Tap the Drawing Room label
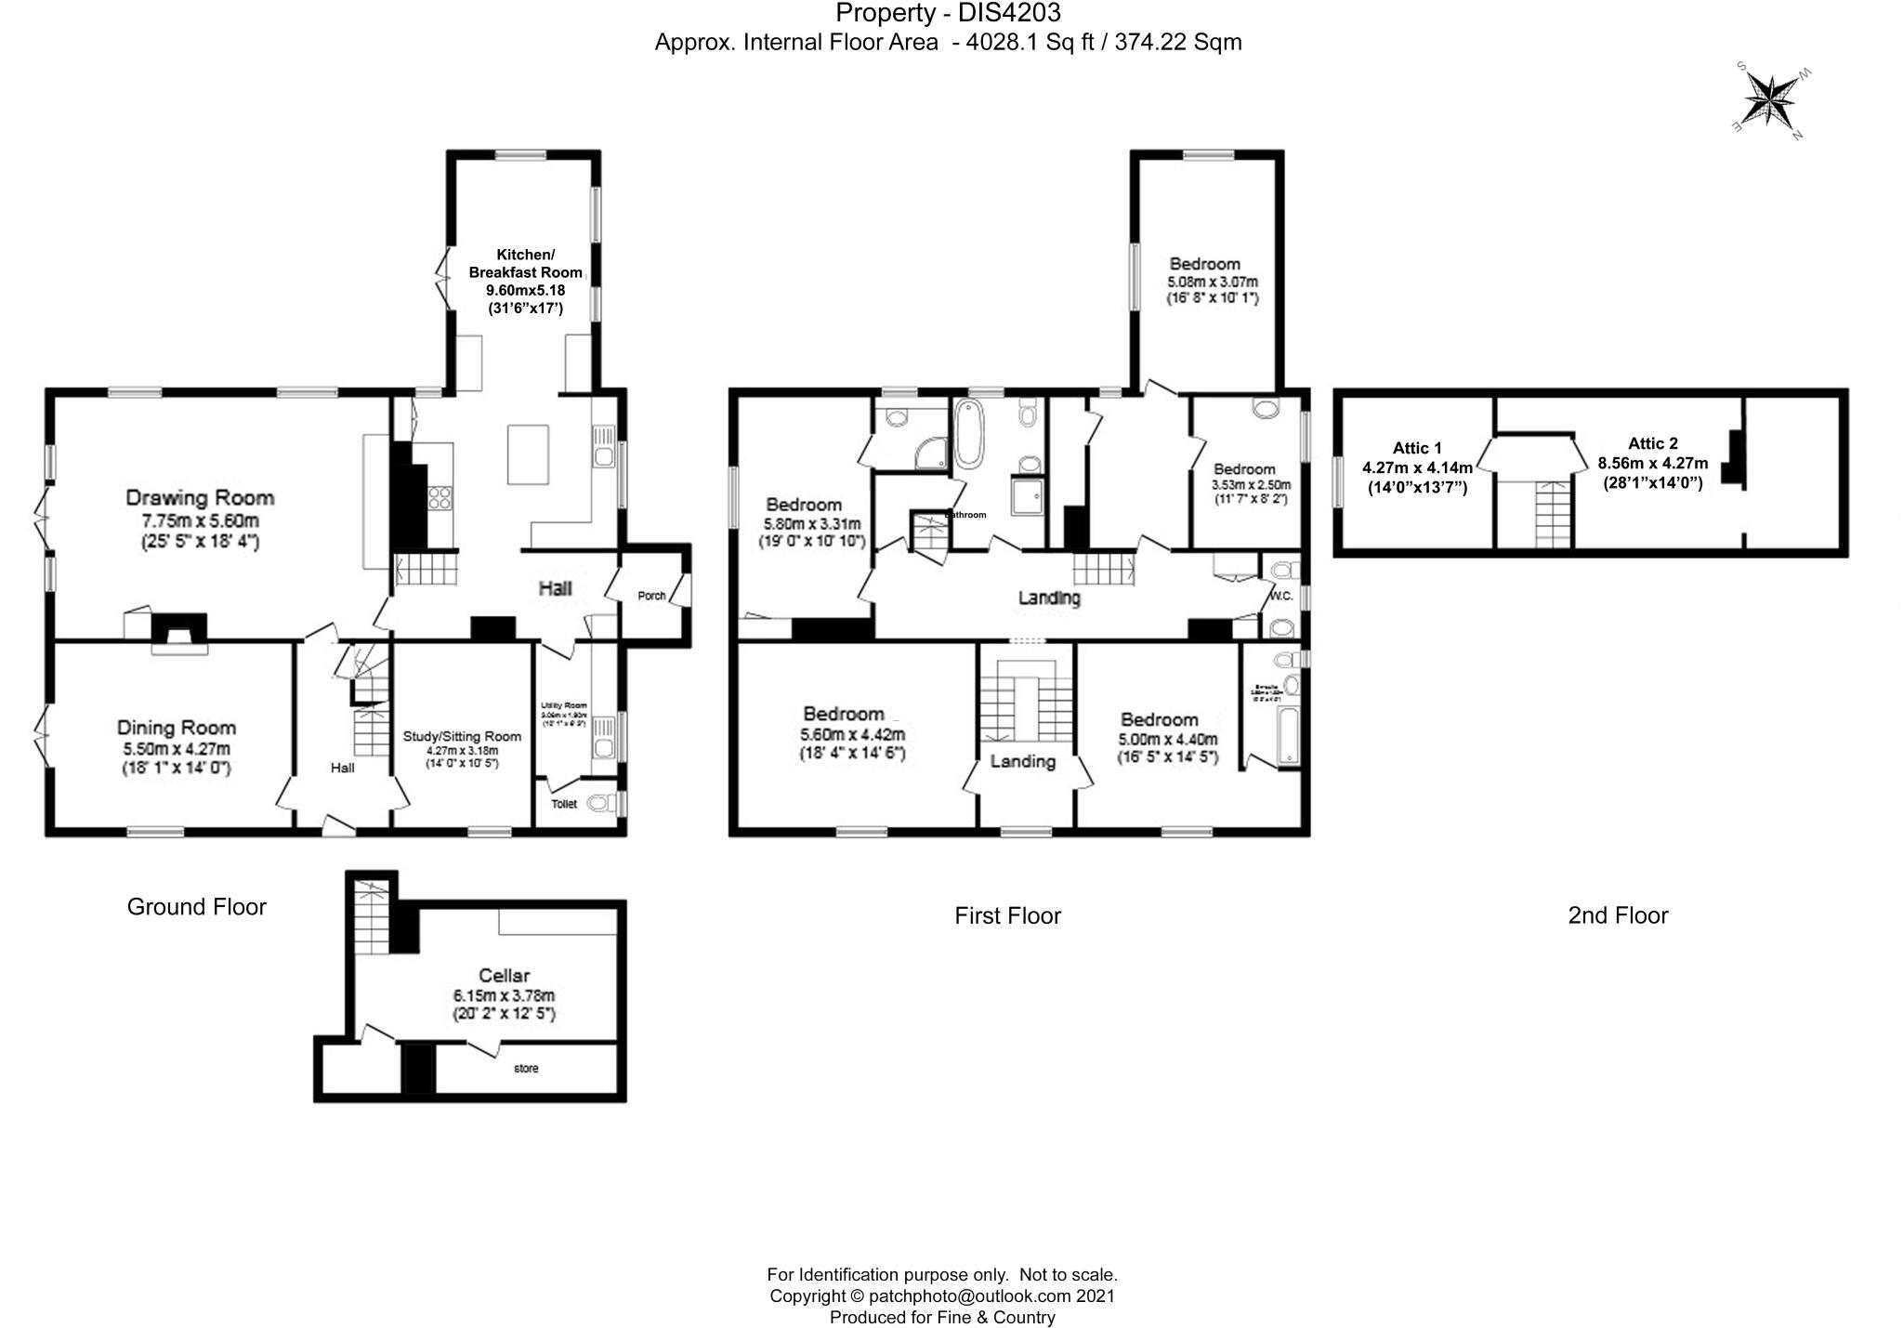pos(200,498)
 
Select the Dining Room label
pos(176,728)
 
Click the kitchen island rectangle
pos(527,454)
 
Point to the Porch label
pos(651,596)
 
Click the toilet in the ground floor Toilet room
pos(603,803)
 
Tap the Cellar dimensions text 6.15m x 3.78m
pos(504,994)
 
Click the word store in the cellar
pos(526,1069)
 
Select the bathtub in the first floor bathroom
pos(968,434)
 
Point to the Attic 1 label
pos(1417,448)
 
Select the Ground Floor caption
pos(196,907)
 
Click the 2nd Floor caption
pos(1618,915)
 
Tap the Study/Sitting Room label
pos(462,736)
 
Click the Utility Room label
pos(564,706)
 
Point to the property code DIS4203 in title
pos(1015,13)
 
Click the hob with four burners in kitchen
pos(440,499)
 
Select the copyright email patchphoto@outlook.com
pos(967,1295)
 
